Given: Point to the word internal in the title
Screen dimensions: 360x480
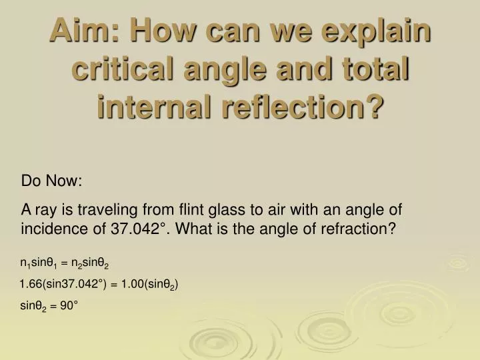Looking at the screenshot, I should pos(157,107).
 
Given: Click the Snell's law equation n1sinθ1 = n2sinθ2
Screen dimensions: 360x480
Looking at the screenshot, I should pos(65,265).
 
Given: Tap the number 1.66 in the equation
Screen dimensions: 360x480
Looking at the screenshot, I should pos(31,285).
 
